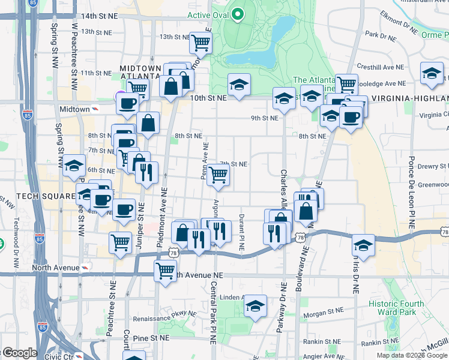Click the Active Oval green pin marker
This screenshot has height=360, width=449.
click(x=238, y=14)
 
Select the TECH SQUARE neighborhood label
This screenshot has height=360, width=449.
click(x=40, y=196)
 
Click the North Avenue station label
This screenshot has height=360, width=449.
click(x=55, y=267)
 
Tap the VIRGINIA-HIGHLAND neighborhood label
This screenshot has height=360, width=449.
click(x=410, y=98)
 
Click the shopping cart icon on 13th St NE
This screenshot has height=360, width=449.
click(x=201, y=42)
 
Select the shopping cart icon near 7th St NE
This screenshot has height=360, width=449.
click(x=218, y=175)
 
